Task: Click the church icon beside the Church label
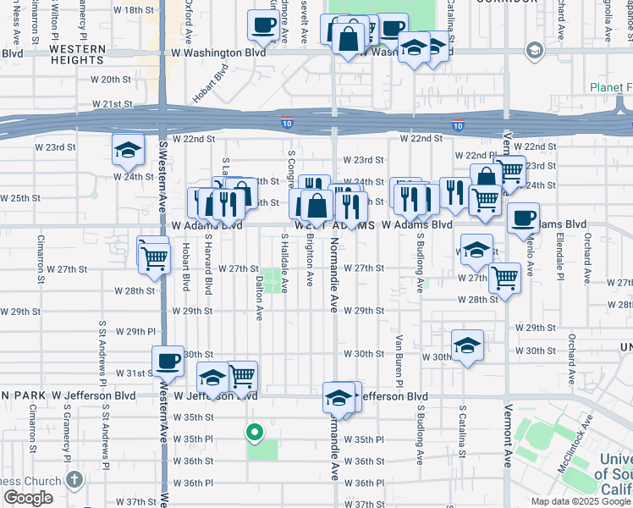tap(75, 479)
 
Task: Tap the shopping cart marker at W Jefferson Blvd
tap(242, 374)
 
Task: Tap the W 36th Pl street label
tap(195, 483)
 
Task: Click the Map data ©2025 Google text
tap(580, 501)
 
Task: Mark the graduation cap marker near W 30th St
tap(467, 345)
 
